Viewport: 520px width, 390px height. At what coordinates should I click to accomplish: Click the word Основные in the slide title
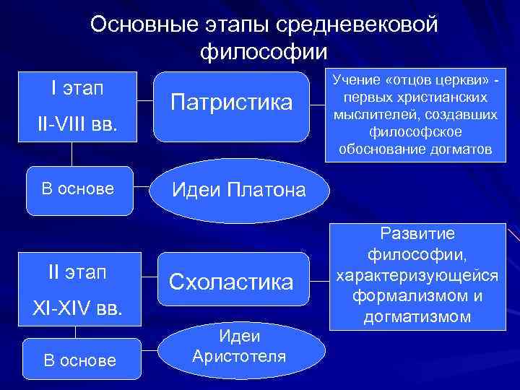pos(136,24)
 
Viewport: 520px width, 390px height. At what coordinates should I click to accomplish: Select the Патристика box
pos(232,105)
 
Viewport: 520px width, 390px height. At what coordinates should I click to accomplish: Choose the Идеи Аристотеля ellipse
pos(239,347)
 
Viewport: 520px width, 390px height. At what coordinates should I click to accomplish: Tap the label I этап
pos(77,88)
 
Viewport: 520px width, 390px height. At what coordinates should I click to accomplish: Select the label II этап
pos(77,273)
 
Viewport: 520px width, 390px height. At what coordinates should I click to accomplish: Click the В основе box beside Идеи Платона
pos(78,190)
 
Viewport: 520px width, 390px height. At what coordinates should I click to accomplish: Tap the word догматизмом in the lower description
pos(419,316)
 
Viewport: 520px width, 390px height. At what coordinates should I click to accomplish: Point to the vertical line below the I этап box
pos(71,154)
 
